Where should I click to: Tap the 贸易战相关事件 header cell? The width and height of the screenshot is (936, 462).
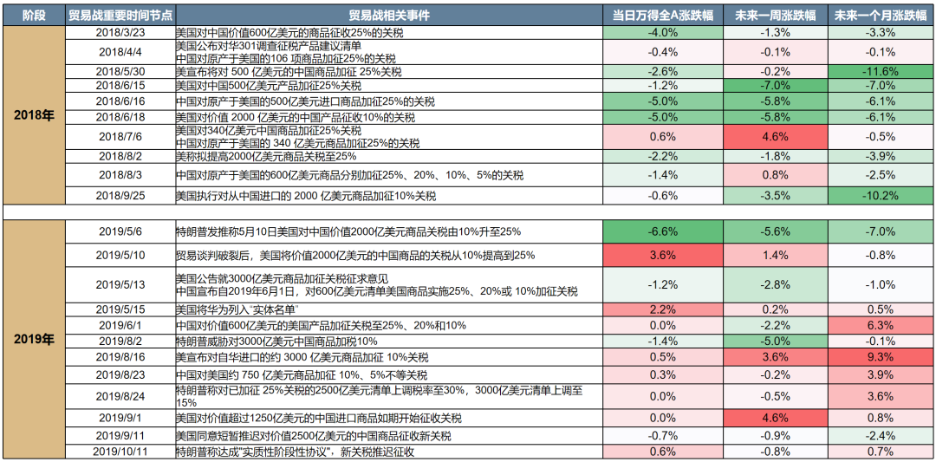388,16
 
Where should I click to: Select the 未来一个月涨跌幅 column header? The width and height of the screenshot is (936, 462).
880,16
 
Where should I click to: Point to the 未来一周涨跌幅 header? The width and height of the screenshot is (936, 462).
775,16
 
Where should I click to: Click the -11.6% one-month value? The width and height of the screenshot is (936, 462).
880,71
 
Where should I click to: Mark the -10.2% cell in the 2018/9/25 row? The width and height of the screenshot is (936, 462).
880,196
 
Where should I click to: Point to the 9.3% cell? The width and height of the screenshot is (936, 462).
880,356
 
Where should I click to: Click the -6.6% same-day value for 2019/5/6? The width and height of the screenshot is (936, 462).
662,231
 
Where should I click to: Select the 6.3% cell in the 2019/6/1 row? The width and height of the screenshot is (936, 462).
880,325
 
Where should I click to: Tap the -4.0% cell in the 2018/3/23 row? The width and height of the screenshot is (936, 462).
662,32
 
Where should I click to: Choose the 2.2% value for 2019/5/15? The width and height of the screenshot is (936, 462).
662,309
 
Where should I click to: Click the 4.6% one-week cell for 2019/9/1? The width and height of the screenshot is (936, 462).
775,417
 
